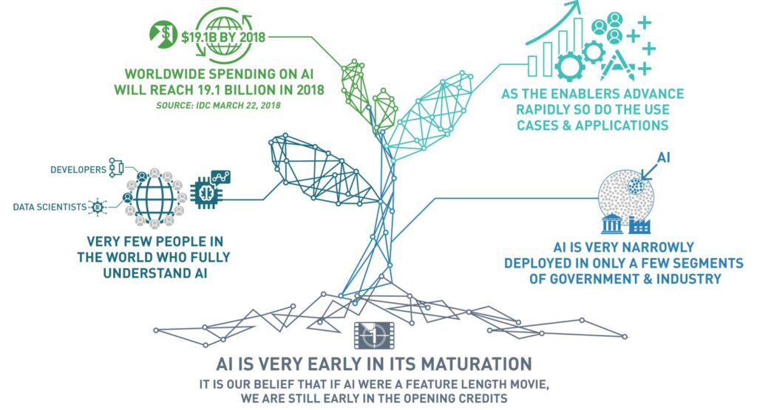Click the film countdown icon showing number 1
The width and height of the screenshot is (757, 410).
[x=374, y=335]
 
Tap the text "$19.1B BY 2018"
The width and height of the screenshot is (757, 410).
[x=223, y=37]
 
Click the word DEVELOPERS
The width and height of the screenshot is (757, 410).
[x=78, y=170]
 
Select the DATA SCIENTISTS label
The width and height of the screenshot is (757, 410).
[x=50, y=208]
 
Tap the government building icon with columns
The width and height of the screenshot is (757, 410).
[x=611, y=225]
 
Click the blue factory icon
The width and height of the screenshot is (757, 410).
[x=639, y=225]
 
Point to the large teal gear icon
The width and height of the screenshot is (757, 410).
[x=570, y=66]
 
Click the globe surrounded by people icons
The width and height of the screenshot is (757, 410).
[x=155, y=197]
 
